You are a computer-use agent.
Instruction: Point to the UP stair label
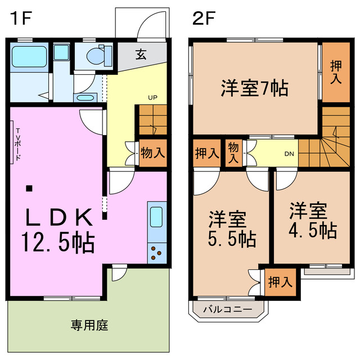152,97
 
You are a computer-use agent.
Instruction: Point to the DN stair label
289,154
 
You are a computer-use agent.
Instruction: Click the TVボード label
18,145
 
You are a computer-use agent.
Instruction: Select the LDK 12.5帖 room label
57,231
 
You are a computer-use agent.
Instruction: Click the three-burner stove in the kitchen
156,253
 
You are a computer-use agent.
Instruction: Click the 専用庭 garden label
89,325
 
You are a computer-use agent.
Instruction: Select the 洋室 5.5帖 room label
232,229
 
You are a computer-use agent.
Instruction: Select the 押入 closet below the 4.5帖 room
280,282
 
